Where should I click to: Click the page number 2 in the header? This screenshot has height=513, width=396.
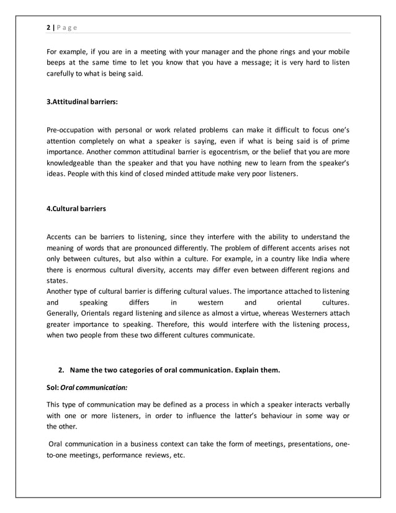pos(48,28)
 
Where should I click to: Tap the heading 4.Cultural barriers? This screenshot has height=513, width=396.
pos(76,209)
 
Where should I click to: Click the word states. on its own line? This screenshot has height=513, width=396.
pos(57,281)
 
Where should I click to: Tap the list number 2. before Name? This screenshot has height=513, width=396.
pos(62,371)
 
